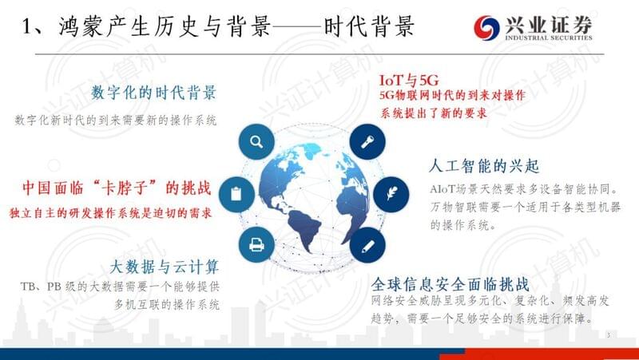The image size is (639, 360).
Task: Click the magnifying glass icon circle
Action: click(x=256, y=142)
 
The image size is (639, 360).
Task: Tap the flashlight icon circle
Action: click(x=367, y=142)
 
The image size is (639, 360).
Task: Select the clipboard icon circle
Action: click(x=236, y=194)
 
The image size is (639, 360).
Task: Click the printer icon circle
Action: click(x=256, y=245)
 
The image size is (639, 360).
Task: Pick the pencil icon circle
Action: click(x=367, y=246)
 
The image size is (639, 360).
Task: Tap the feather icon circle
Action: click(x=391, y=194)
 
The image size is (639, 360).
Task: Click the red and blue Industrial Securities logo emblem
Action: click(x=486, y=28)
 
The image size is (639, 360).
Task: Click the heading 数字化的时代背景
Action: click(x=153, y=93)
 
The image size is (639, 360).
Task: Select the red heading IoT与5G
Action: click(x=409, y=81)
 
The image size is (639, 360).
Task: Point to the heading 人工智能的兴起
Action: click(x=484, y=166)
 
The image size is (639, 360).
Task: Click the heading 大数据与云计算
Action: click(x=165, y=267)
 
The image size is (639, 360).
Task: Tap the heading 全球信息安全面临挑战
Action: click(x=450, y=284)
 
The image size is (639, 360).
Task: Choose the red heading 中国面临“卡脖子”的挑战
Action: click(x=117, y=188)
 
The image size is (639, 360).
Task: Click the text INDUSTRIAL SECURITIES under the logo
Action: click(x=549, y=38)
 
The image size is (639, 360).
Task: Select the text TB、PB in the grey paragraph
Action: click(x=41, y=287)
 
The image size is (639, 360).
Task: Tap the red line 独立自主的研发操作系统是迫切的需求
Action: click(x=111, y=213)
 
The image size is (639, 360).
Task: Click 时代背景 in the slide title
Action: click(x=369, y=27)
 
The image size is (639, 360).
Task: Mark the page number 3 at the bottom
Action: click(x=609, y=335)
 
